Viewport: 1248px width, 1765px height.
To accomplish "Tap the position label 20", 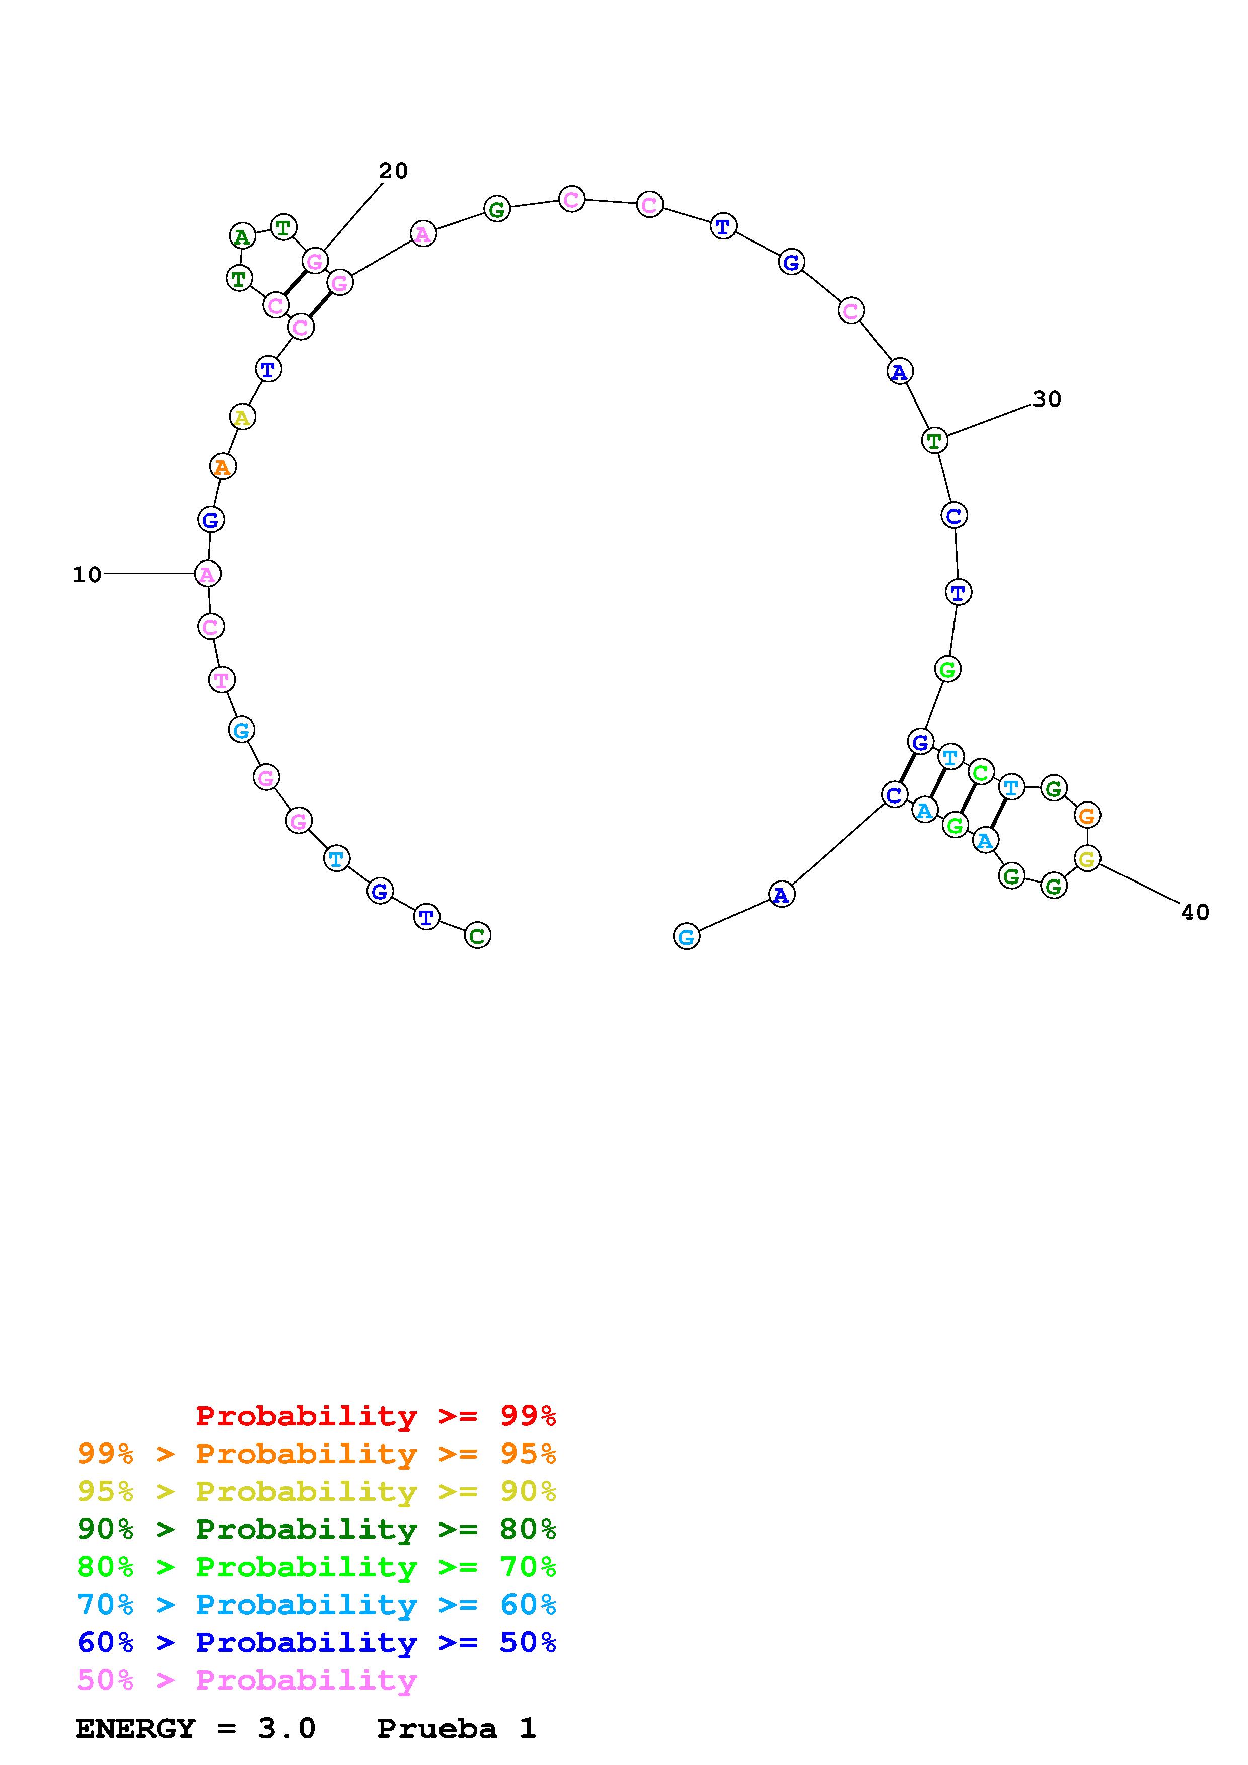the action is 393,171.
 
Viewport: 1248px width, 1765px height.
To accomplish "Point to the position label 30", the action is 1047,399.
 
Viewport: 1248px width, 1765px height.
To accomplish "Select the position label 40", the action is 1195,913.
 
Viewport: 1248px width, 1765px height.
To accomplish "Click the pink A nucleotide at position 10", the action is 207,574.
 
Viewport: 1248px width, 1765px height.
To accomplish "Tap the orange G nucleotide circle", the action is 1086,815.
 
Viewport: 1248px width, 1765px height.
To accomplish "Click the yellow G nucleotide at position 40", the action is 1086,859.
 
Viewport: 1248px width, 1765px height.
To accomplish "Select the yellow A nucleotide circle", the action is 242,418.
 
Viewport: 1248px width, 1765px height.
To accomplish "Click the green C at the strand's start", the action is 478,935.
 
